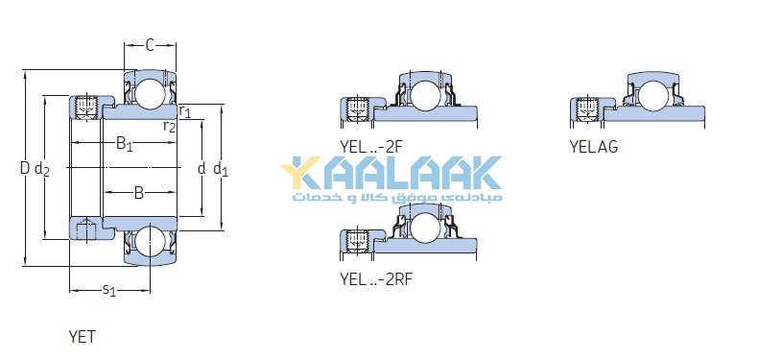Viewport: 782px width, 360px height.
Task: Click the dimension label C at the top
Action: coord(150,46)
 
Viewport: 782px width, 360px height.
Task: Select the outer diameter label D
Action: coord(25,168)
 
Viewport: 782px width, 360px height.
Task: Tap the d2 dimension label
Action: coord(42,170)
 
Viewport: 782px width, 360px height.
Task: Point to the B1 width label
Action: coord(124,145)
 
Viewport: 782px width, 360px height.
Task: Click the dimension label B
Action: coord(139,193)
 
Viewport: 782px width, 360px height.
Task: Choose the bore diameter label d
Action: coord(201,168)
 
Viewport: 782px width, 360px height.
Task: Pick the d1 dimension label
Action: coord(221,170)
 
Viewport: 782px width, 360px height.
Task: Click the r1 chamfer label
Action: coord(184,111)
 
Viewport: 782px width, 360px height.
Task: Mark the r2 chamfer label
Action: coord(170,127)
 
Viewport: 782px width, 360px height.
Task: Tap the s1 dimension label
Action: coord(109,290)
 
